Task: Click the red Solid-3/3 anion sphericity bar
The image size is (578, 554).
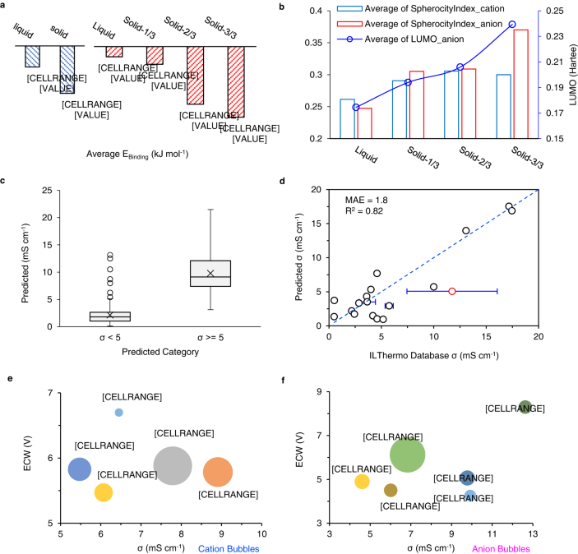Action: tap(520, 84)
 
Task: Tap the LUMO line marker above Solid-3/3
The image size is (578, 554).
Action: tap(512, 25)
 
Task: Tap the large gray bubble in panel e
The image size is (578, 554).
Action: tap(173, 465)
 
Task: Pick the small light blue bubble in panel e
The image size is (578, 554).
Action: tap(119, 412)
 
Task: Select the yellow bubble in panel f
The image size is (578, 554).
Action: tap(363, 482)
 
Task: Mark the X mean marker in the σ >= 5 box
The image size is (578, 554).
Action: tap(210, 273)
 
